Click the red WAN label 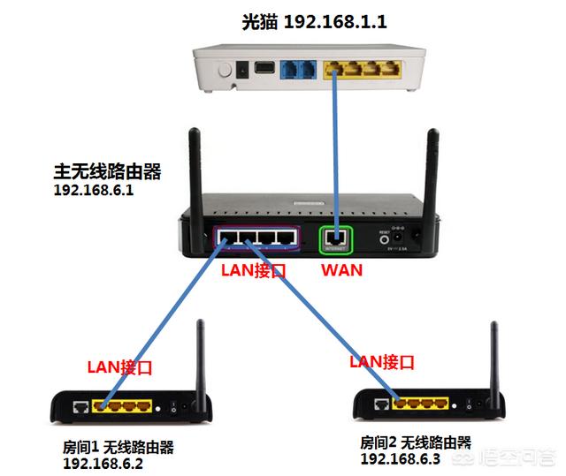(x=340, y=269)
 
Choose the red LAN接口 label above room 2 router (x=382, y=361)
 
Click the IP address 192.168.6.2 (x=103, y=462)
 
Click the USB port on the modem (x=263, y=68)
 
